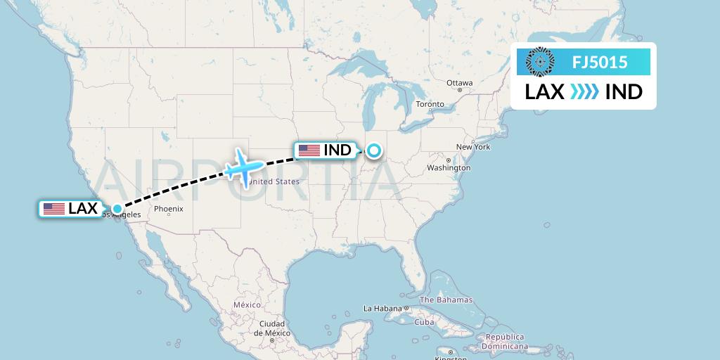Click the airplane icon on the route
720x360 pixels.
tap(243, 167)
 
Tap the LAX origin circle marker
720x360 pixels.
tap(117, 209)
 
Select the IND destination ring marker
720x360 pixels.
tap(373, 150)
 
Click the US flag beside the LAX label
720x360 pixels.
tap(54, 209)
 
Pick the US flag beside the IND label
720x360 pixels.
tap(309, 150)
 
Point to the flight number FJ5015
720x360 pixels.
tap(600, 62)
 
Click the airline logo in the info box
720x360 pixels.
tap(540, 61)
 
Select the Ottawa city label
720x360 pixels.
tap(459, 83)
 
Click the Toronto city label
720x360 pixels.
tap(430, 104)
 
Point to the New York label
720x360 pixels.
tap(472, 147)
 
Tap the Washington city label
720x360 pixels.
tap(448, 168)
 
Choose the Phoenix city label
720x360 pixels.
tap(169, 209)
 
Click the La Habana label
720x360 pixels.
tap(382, 309)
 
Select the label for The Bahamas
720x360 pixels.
tap(447, 300)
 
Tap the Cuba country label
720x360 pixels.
tap(424, 322)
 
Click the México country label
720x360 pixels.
tap(247, 305)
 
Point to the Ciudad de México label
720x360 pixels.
tap(272, 328)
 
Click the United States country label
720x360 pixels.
tap(274, 181)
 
